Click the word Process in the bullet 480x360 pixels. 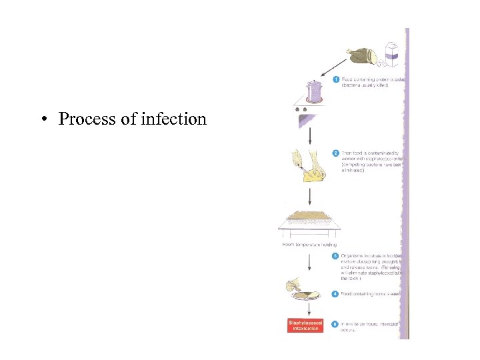tap(85, 119)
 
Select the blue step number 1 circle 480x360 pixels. tap(336, 80)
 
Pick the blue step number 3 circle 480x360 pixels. tap(336, 256)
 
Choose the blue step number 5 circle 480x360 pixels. tap(336, 324)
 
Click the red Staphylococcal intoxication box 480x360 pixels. tap(305, 325)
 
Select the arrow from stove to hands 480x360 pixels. tap(311, 136)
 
